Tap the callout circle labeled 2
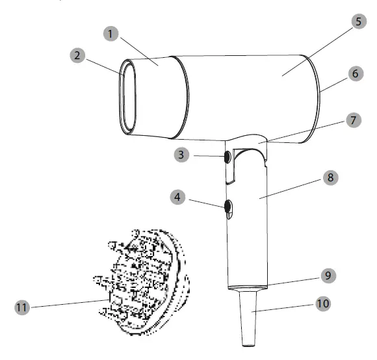pyautogui.click(x=79, y=55)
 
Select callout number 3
pyautogui.click(x=183, y=155)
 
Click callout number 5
pyautogui.click(x=357, y=21)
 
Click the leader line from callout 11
pyautogui.click(x=65, y=303)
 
